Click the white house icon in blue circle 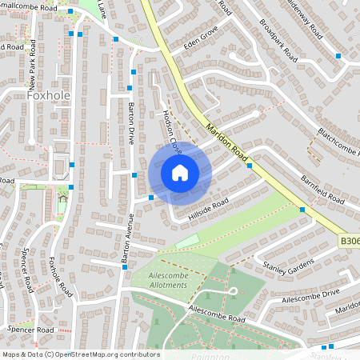[179, 173]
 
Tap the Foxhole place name [50, 94]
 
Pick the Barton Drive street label [133, 124]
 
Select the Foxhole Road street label [55, 273]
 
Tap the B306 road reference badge [349, 240]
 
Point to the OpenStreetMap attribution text [81, 354]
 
